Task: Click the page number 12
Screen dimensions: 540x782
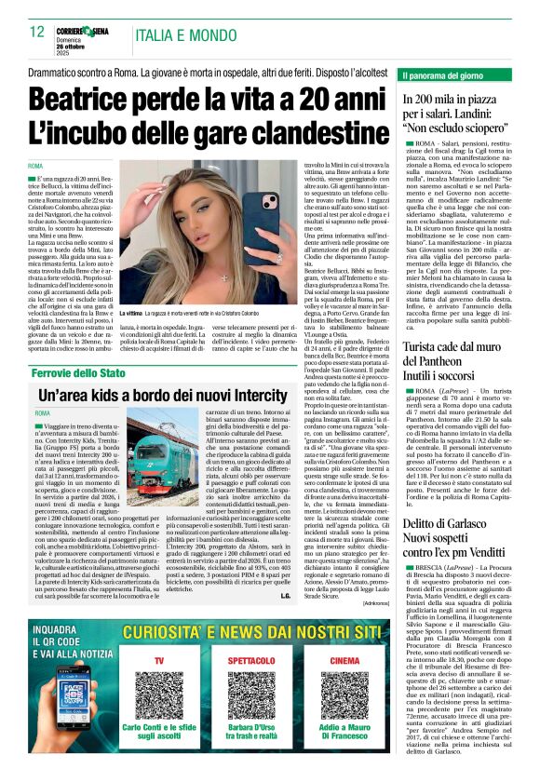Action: (x=36, y=32)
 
